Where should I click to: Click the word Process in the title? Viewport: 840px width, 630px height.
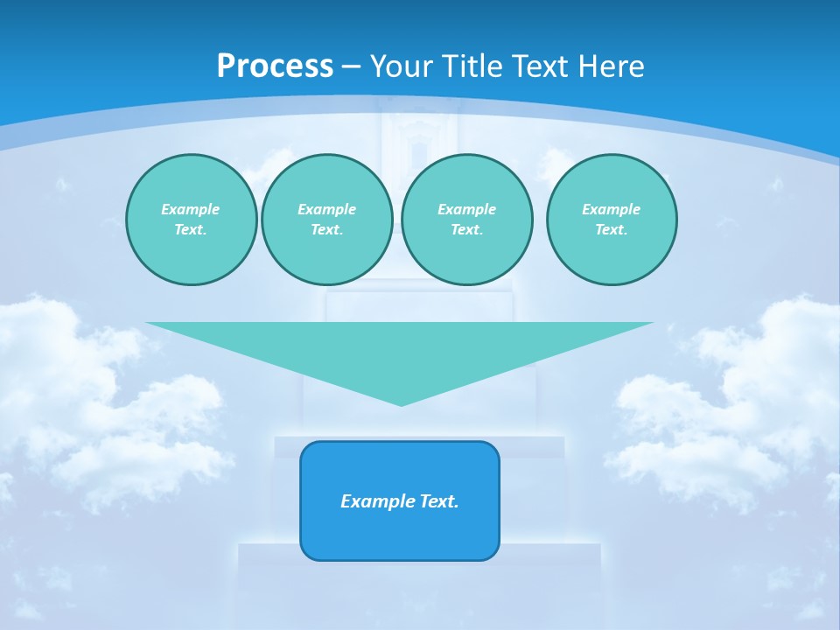pos(275,66)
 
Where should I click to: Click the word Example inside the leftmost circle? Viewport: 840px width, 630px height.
pos(191,209)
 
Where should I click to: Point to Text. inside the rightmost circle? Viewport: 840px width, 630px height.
pos(612,229)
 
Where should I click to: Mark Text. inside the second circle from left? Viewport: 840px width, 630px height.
pos(327,229)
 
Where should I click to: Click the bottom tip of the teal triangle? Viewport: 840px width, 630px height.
pos(401,403)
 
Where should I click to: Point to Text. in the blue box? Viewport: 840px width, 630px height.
pos(438,501)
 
